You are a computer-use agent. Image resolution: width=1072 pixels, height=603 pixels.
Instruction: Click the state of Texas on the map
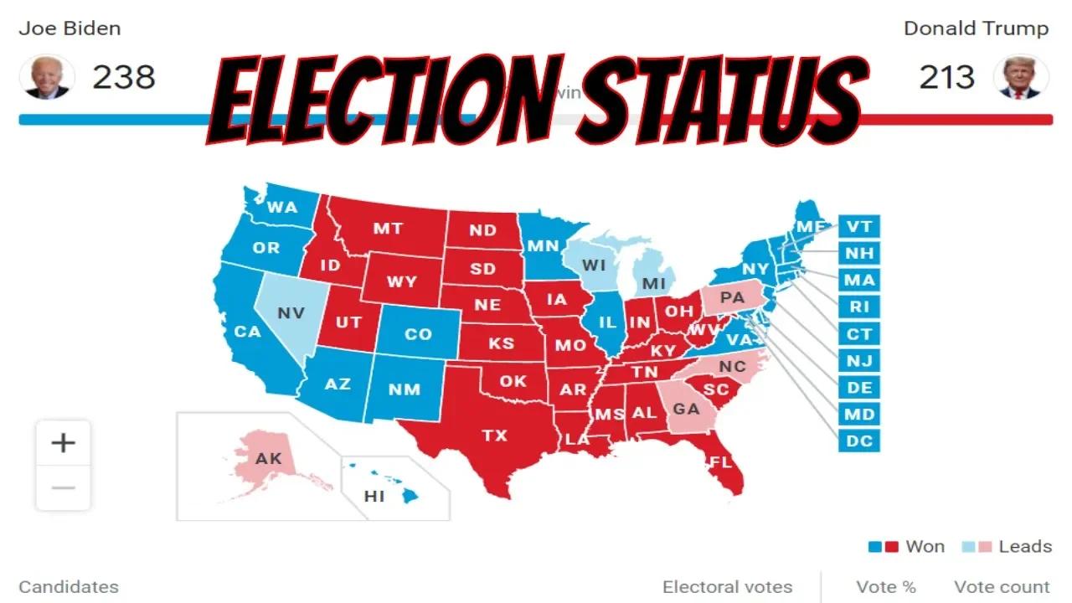(494, 435)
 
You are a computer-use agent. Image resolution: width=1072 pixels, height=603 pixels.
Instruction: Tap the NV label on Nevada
(291, 312)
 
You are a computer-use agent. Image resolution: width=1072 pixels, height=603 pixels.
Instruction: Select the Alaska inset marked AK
(269, 459)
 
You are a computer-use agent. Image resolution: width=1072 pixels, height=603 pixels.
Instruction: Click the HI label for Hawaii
(374, 496)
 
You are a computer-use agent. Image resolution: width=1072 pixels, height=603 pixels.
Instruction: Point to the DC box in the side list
(859, 441)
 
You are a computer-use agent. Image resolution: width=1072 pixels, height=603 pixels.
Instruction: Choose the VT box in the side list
(859, 226)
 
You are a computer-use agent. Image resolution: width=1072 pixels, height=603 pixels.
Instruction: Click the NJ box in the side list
(859, 360)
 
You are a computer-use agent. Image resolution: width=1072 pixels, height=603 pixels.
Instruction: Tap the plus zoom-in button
(64, 442)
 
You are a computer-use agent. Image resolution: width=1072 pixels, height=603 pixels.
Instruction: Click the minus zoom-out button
(64, 487)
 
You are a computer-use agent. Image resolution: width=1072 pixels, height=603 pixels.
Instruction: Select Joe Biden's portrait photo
(47, 77)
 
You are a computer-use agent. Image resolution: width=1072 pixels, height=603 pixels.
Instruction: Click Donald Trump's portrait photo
(1021, 77)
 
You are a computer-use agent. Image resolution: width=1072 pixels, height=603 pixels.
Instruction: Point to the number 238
(124, 77)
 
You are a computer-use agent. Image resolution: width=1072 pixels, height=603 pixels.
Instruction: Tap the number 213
(947, 77)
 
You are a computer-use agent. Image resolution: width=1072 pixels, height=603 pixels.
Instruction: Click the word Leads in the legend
(1025, 546)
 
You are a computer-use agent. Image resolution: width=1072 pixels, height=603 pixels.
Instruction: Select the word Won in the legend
(925, 546)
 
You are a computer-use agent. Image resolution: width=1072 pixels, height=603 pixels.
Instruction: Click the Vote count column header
(1002, 587)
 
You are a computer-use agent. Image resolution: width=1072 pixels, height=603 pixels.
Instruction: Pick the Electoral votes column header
(727, 587)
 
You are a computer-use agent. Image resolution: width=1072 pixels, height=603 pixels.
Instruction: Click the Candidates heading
(69, 587)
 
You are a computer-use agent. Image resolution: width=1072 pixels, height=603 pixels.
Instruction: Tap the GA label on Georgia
(686, 409)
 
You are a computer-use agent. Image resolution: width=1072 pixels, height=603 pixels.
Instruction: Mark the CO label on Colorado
(418, 334)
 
